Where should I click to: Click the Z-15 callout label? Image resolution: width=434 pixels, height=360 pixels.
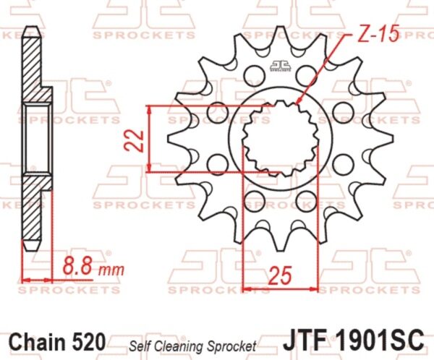click(378, 34)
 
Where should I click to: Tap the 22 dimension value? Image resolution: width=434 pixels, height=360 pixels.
click(135, 140)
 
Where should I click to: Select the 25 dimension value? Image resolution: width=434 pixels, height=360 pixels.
click(280, 276)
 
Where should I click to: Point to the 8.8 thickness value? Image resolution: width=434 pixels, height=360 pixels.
click(77, 265)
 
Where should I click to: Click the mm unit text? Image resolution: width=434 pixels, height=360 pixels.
click(111, 270)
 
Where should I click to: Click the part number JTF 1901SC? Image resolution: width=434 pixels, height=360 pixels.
click(353, 339)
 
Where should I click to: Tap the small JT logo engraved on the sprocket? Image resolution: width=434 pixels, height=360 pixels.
click(281, 66)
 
